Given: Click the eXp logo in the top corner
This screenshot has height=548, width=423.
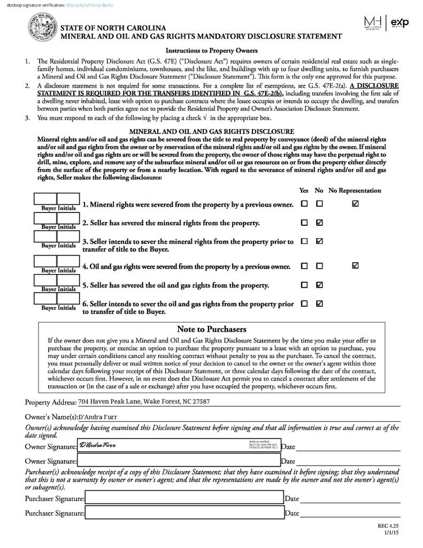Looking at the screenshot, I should pyautogui.click(x=400, y=22).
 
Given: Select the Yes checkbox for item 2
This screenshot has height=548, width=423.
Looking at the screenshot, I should pyautogui.click(x=304, y=223).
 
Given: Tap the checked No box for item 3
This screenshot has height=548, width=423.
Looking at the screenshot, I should pyautogui.click(x=319, y=241).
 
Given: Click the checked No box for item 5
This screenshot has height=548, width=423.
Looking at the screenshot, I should pyautogui.click(x=319, y=285).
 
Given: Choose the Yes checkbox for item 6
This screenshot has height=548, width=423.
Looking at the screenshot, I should pyautogui.click(x=304, y=303).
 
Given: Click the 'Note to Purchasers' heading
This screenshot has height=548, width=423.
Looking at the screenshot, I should pyautogui.click(x=211, y=329).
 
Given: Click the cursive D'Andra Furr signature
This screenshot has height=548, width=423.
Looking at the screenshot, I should pyautogui.click(x=97, y=445).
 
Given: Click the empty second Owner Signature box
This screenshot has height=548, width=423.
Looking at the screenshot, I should pyautogui.click(x=179, y=460).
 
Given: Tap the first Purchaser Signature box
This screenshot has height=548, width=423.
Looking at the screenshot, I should pyautogui.click(x=184, y=498).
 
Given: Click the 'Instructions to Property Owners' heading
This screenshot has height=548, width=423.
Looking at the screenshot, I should pyautogui.click(x=211, y=51).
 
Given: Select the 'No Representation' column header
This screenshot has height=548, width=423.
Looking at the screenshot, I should pyautogui.click(x=355, y=191).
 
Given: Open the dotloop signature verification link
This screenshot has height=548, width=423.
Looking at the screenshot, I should pyautogui.click(x=97, y=5).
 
